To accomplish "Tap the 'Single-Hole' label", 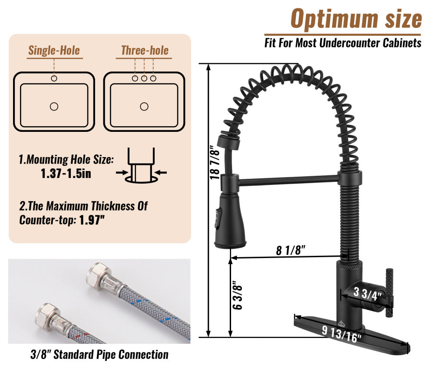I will pyautogui.click(x=54, y=50).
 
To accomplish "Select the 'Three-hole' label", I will pyautogui.click(x=144, y=50).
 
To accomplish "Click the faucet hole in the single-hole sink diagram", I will pyautogui.click(x=54, y=78).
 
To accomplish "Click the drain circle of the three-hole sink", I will pyautogui.click(x=144, y=106).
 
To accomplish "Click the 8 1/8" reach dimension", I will pyautogui.click(x=291, y=250).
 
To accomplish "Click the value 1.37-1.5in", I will pyautogui.click(x=66, y=173).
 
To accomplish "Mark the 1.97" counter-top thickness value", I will pyautogui.click(x=92, y=220).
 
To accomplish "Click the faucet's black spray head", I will pyautogui.click(x=229, y=222).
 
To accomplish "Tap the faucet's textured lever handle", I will pyautogui.click(x=389, y=289).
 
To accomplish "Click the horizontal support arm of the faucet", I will pyautogui.click(x=289, y=179).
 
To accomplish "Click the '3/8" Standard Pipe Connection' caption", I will pyautogui.click(x=99, y=355).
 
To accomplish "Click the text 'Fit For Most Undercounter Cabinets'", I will pyautogui.click(x=343, y=43).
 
